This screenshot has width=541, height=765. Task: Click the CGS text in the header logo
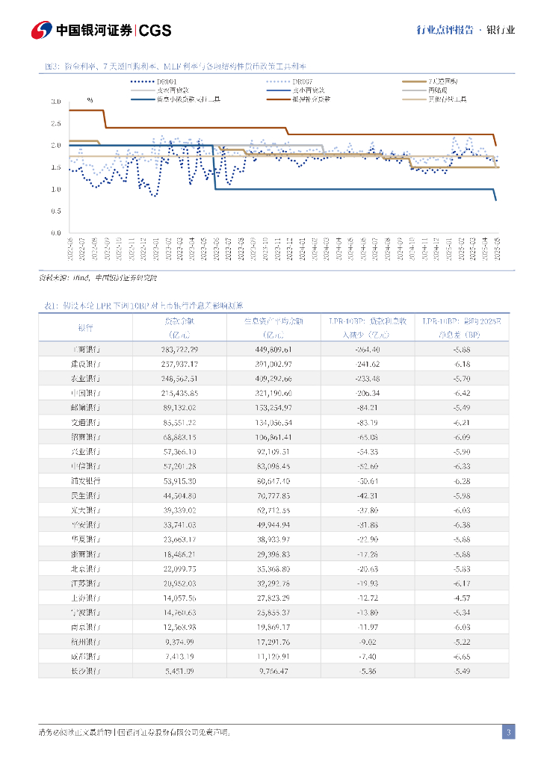point(155,30)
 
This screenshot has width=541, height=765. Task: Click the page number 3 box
point(508,732)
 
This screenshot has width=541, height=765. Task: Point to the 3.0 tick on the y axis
point(56,102)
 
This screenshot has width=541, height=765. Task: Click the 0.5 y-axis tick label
point(56,211)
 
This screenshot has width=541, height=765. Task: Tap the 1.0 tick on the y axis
point(56,189)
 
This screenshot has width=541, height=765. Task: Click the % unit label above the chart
point(90,99)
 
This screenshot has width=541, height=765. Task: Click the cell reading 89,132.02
point(179,407)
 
